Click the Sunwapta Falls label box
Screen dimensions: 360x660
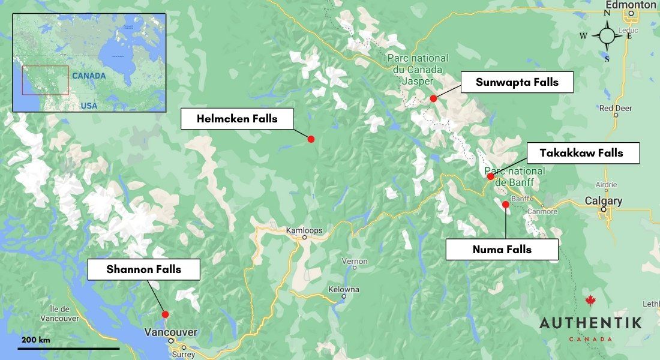coord(517,82)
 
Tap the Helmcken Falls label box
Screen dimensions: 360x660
coord(237,119)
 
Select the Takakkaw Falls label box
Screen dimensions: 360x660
coord(581,153)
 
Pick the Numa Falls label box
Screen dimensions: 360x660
coord(502,250)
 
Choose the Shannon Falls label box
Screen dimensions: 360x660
coord(143,269)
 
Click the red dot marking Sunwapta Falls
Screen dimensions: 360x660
coord(433,98)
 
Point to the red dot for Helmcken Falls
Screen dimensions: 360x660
coord(311,139)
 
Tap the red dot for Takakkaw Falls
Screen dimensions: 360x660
coord(490,176)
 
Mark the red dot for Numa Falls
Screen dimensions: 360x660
coord(505,205)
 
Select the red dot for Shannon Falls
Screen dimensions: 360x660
coord(165,314)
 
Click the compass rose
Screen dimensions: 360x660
coord(607,35)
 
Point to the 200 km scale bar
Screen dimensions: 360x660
coord(68,347)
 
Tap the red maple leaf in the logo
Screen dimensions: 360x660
coord(590,301)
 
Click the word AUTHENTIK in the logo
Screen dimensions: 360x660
coord(590,323)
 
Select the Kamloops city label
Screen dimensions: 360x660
coord(304,230)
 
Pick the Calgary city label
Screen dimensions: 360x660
coord(604,201)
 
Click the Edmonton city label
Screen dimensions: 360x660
coord(631,5)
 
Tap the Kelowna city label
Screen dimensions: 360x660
coord(344,290)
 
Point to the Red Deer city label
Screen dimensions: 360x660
coord(615,108)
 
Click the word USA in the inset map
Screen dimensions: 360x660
coord(89,106)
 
